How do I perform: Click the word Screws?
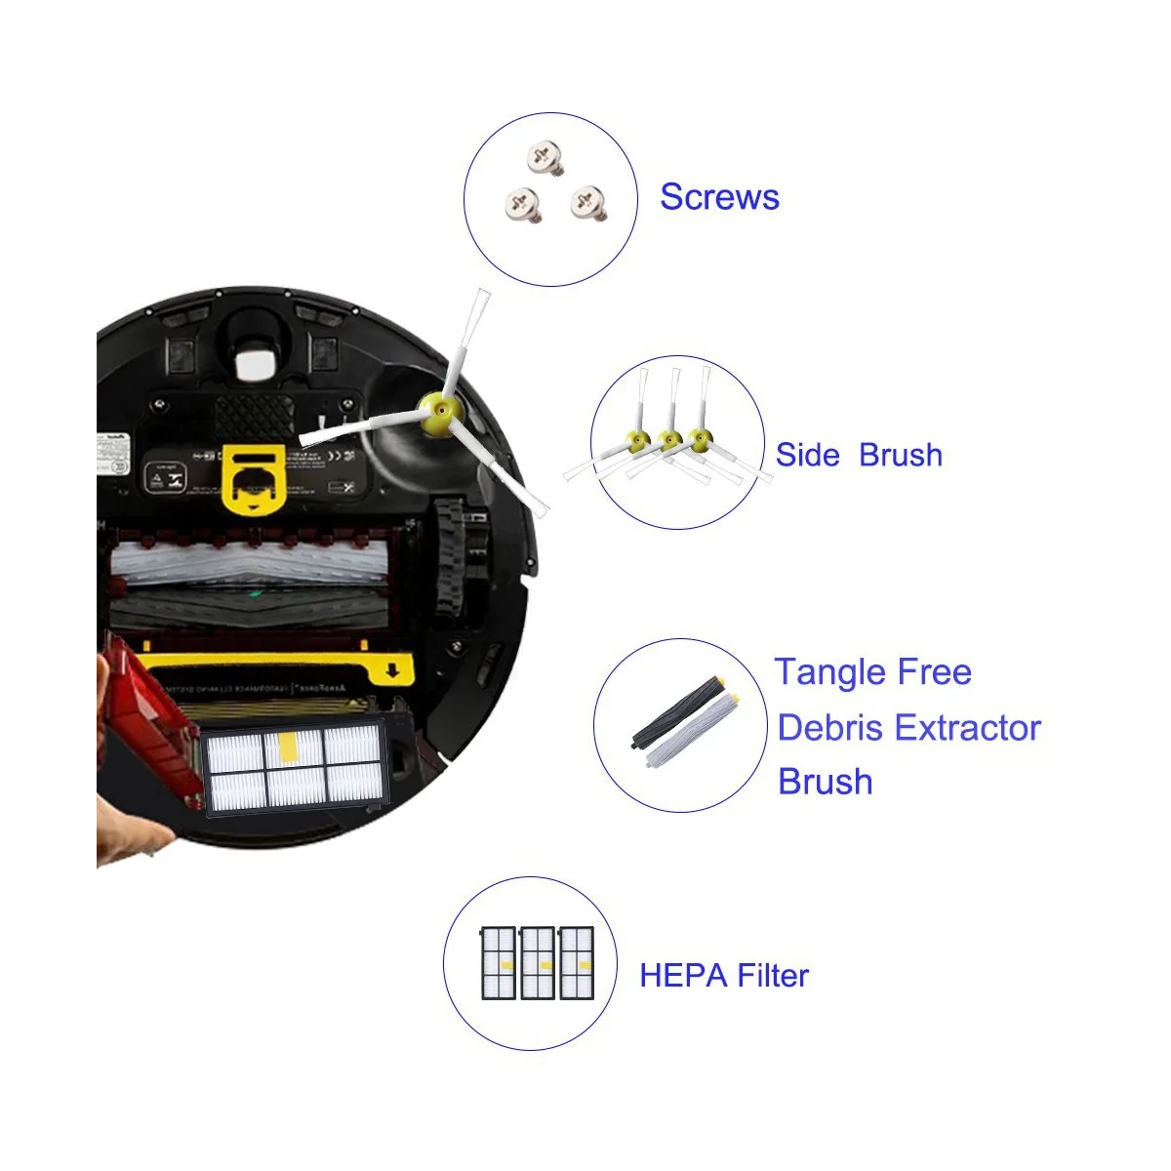coord(719,197)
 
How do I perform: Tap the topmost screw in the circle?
coord(546,157)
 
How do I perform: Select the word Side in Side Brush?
coord(807,455)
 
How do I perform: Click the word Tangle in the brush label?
coord(832,672)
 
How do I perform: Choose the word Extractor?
coord(967,728)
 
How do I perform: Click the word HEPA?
coord(683,976)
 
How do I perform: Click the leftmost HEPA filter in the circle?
coord(499,963)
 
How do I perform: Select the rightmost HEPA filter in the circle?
coord(577,963)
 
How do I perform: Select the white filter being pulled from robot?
coord(293,767)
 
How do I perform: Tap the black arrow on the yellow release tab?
coord(392,670)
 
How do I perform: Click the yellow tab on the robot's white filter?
coord(291,747)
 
